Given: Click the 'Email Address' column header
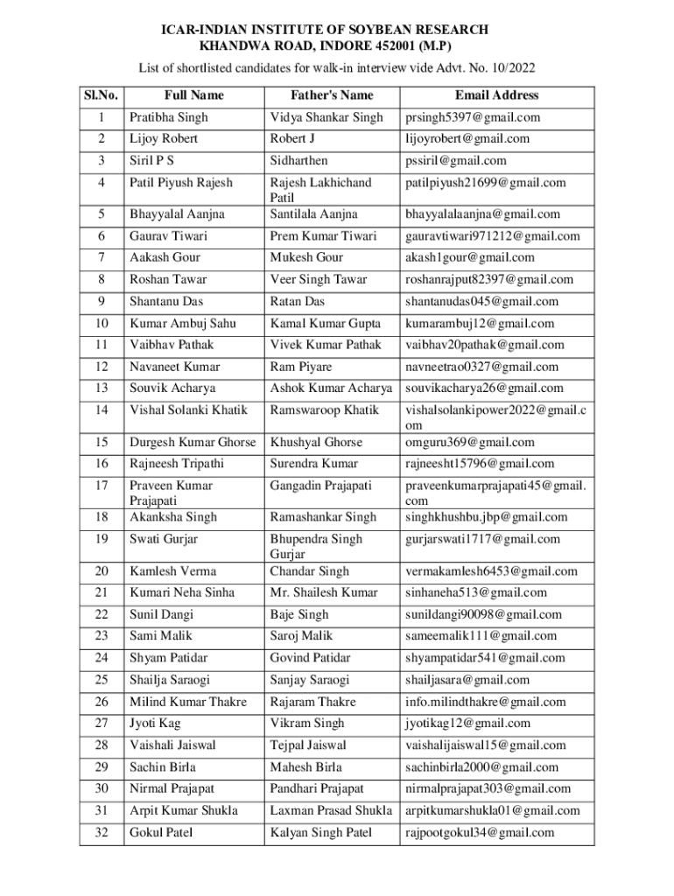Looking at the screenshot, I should pyautogui.click(x=496, y=94).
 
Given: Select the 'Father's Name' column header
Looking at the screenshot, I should pyautogui.click(x=332, y=94).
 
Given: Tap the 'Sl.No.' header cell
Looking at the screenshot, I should pyautogui.click(x=102, y=94).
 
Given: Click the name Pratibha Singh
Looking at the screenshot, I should pyautogui.click(x=169, y=117).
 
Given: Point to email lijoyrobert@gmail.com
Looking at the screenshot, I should pyautogui.click(x=467, y=138).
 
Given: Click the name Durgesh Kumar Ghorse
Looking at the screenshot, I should pyautogui.click(x=193, y=442).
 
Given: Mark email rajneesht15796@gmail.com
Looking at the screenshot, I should pyautogui.click(x=479, y=464).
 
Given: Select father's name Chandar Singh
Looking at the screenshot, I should pyautogui.click(x=310, y=571).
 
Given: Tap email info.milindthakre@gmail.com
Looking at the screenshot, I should pyautogui.click(x=485, y=702).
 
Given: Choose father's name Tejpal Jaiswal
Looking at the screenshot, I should pyautogui.click(x=309, y=745).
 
